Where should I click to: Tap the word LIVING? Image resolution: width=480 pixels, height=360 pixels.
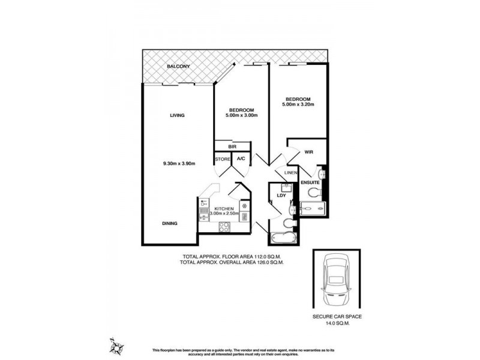[x=176, y=115]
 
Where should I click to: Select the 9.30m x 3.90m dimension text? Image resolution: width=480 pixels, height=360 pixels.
[x=179, y=163]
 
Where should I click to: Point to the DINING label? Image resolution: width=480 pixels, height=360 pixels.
[x=169, y=224]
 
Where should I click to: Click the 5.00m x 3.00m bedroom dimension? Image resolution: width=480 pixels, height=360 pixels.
[x=242, y=116]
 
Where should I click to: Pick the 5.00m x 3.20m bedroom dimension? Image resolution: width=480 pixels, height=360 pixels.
[x=298, y=105]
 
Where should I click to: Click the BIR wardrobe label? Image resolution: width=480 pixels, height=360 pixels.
[x=232, y=146]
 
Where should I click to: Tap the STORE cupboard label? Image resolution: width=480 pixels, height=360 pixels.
[x=223, y=159]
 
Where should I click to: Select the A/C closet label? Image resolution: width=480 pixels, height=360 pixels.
[x=241, y=159]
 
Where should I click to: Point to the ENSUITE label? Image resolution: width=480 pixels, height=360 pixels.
[x=310, y=182]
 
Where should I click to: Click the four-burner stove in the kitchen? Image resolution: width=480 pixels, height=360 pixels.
[x=224, y=227]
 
